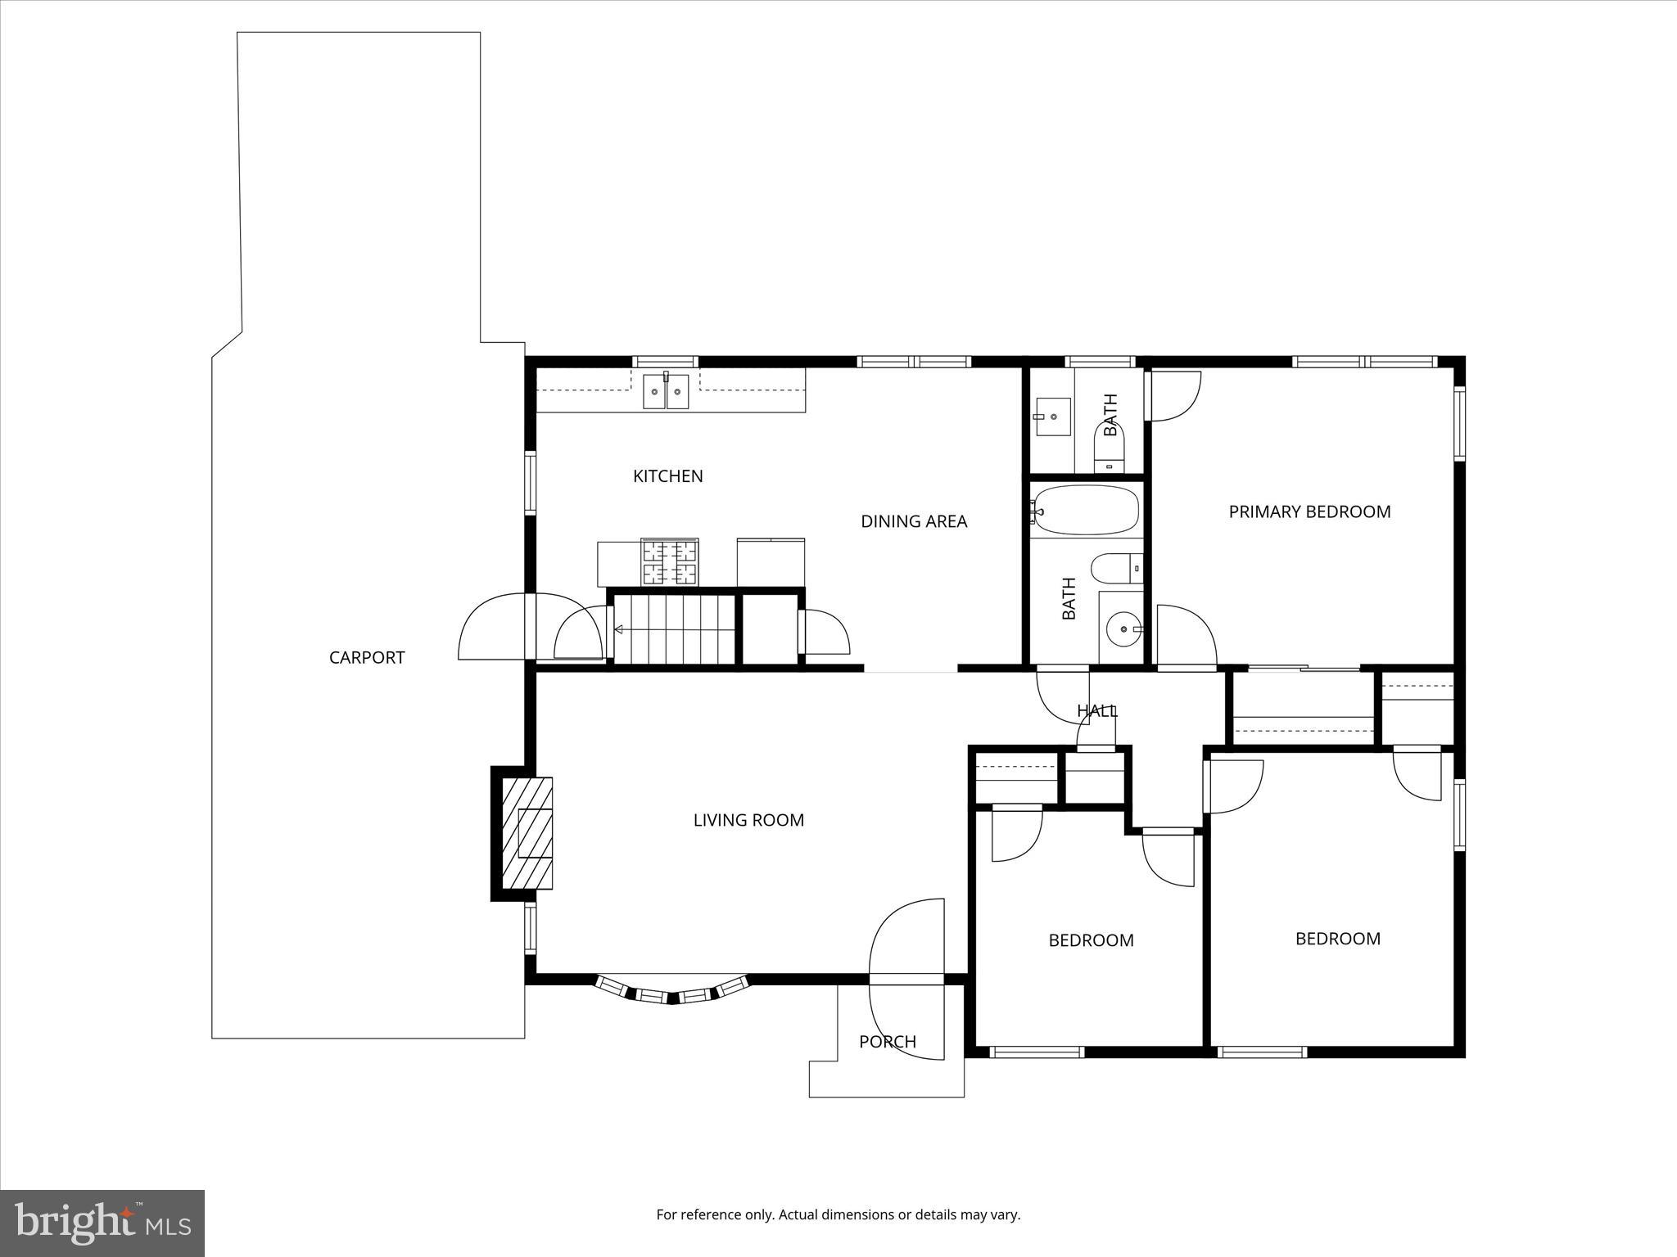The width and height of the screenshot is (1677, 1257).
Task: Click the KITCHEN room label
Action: point(667,476)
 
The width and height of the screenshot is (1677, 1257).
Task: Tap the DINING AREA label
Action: point(914,521)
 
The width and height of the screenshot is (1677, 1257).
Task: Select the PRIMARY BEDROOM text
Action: point(1309,511)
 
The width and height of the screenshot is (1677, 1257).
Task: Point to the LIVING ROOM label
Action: point(748,820)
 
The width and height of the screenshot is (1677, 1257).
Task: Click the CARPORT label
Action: point(366,657)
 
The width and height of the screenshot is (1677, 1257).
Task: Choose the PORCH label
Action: point(887,1042)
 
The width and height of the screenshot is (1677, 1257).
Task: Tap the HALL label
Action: point(1096,710)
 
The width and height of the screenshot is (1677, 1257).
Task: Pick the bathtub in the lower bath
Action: point(1085,510)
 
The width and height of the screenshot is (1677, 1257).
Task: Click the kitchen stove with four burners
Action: point(671,562)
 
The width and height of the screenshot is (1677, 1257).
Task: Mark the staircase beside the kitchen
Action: point(675,629)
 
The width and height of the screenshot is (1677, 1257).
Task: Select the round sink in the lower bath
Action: point(1121,629)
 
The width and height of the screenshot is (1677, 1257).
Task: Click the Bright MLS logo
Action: point(102,1223)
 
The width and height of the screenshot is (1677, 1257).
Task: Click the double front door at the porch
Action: point(906,979)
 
